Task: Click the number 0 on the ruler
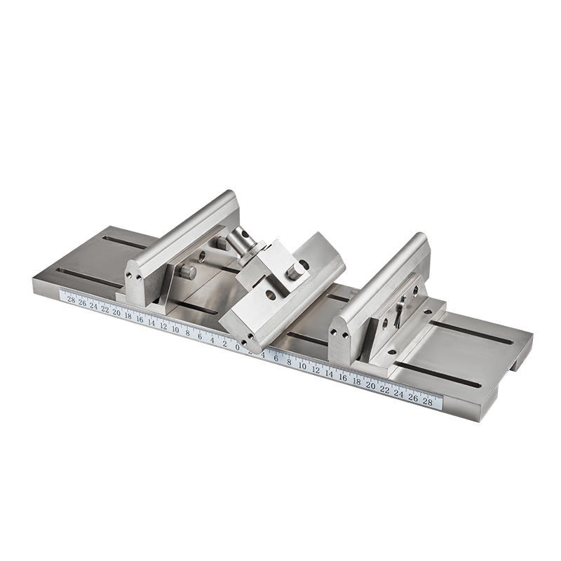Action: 238,346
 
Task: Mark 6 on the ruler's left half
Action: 201,336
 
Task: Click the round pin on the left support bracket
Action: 187,271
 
